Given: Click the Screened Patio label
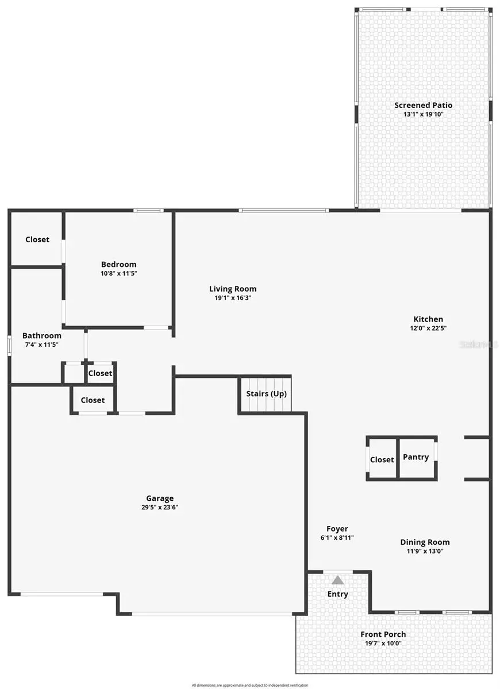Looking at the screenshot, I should click(x=423, y=105).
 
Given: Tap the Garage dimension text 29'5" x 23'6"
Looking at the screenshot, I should click(x=160, y=507).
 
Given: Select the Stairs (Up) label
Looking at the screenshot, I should click(x=266, y=394).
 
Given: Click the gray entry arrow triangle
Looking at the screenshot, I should click(x=338, y=580).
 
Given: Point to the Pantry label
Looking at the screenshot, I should click(x=416, y=457).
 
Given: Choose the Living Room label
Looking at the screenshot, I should click(x=233, y=289).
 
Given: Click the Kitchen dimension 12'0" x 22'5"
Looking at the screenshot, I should click(x=428, y=328).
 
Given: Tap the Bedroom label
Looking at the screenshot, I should click(x=119, y=264).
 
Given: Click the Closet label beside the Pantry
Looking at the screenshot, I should click(x=382, y=459).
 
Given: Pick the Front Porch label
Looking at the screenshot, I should click(x=383, y=634).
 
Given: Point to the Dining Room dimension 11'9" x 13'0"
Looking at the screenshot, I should click(x=425, y=551).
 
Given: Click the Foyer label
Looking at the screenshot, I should click(x=337, y=529).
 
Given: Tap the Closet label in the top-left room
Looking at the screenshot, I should click(x=37, y=239).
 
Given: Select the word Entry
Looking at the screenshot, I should click(x=338, y=594).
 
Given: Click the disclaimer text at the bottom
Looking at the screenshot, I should click(x=250, y=685).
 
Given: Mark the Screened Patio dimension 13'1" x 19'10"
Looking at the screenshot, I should click(x=423, y=114).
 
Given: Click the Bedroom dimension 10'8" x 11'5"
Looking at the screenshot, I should click(x=119, y=273).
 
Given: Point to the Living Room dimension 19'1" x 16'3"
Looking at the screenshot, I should click(x=233, y=298).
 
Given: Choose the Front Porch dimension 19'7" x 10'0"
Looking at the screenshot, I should click(x=383, y=643).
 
